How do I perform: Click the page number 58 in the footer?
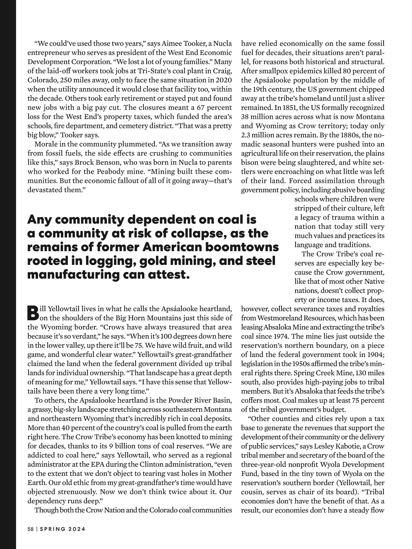pyautogui.click(x=30, y=529)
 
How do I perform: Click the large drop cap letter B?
pyautogui.click(x=33, y=312)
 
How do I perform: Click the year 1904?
pyautogui.click(x=375, y=355)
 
